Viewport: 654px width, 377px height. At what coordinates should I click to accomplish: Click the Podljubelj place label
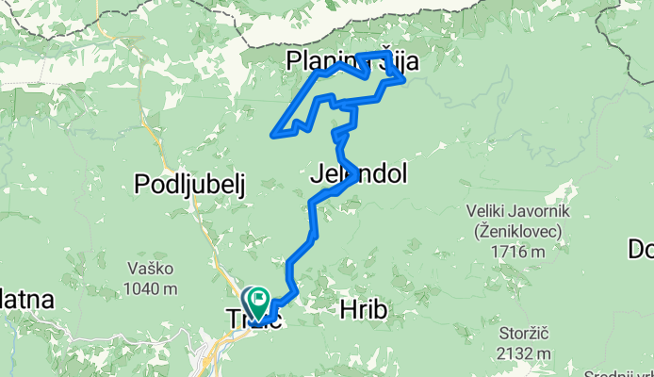[x=189, y=184]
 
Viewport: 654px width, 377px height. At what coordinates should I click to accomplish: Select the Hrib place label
[x=363, y=311]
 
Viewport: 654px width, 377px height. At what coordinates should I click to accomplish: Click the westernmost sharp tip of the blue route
[x=273, y=135]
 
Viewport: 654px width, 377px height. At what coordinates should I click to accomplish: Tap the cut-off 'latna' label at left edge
[x=26, y=299]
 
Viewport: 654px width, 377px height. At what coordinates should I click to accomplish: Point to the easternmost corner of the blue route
[x=404, y=80]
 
